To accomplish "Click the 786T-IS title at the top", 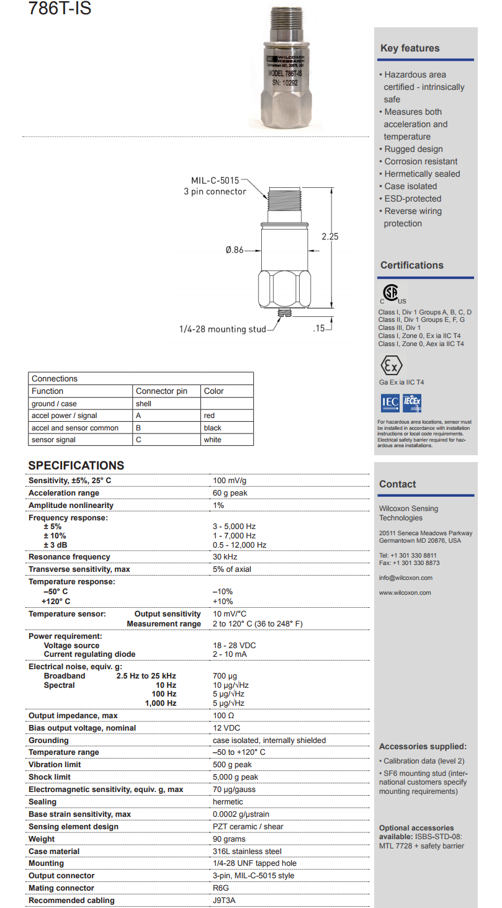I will (60, 9).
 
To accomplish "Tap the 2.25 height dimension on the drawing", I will (329, 236).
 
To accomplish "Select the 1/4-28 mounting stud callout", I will (222, 329).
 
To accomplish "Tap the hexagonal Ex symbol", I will (391, 365).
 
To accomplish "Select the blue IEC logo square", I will (390, 403).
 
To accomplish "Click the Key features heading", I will (410, 48).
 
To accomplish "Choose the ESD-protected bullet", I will (413, 198).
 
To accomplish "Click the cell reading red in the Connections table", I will (210, 416).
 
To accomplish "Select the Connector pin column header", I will (161, 391).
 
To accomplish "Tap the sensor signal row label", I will (53, 440).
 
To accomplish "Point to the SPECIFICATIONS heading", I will (76, 466).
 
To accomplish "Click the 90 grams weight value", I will (229, 839).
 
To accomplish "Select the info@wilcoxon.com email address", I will (406, 578).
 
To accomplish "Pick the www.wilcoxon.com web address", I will (405, 593).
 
